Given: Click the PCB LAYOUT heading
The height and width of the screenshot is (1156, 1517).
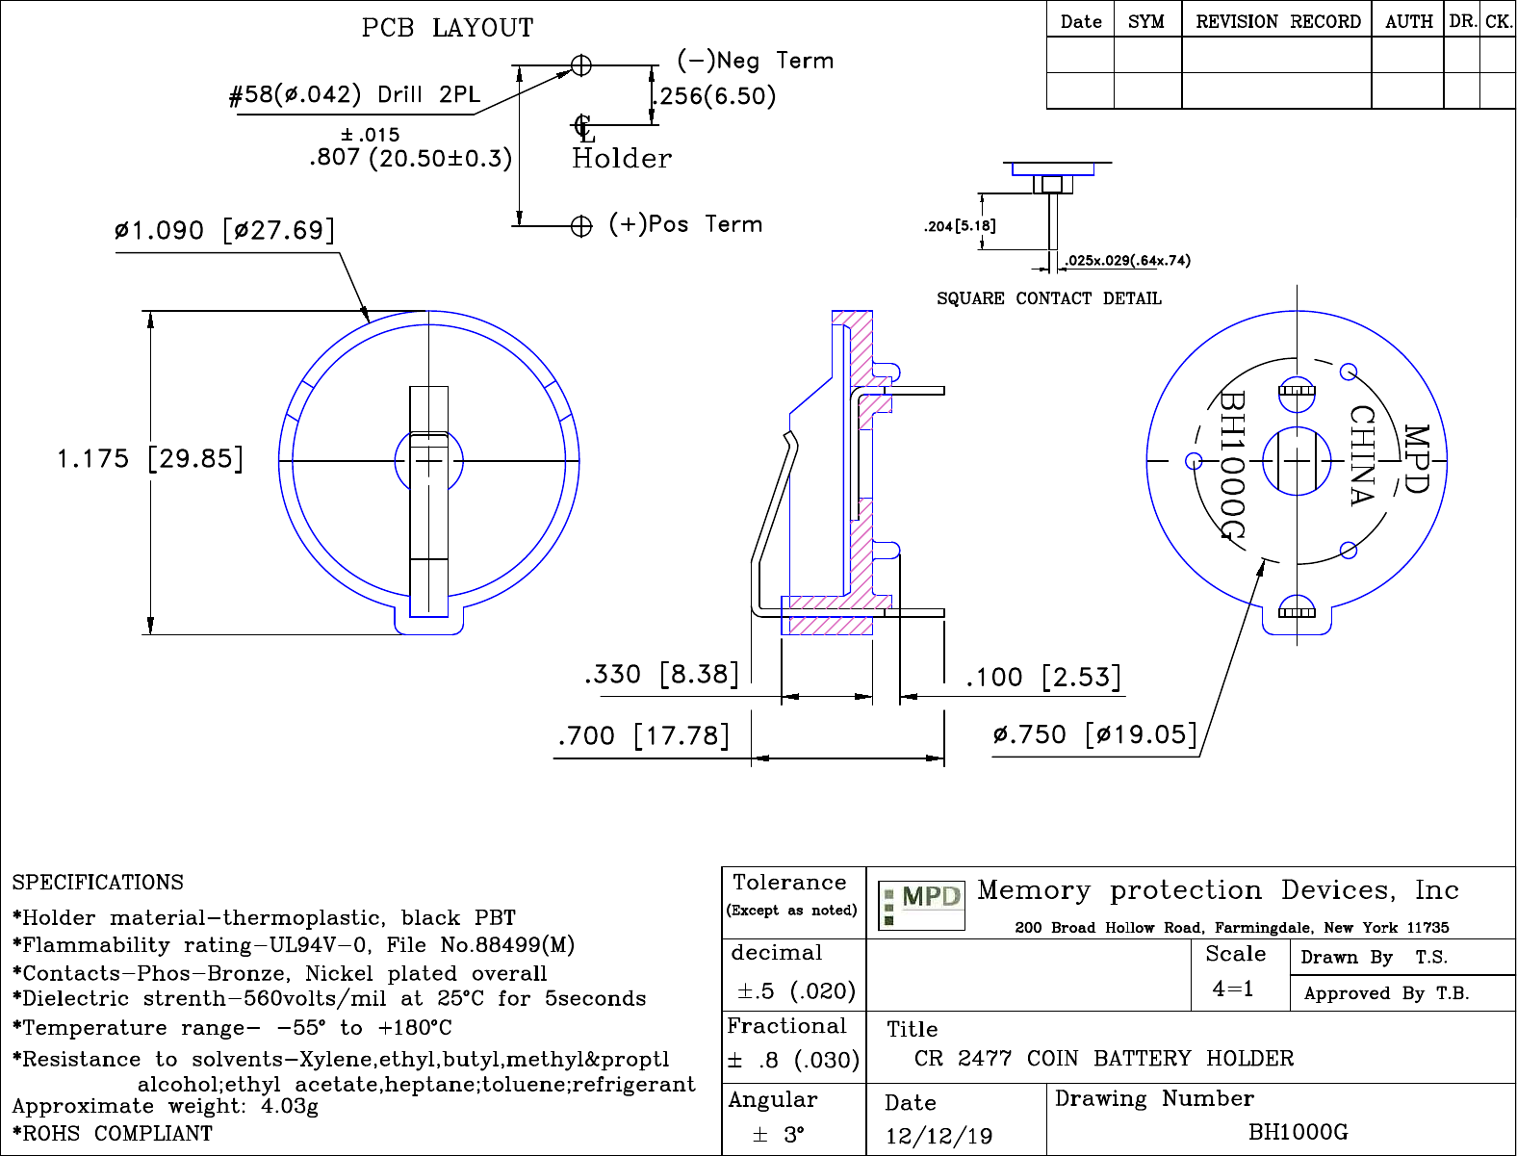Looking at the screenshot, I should tap(448, 28).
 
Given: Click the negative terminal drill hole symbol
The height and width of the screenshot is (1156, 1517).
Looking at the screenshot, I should tap(581, 65).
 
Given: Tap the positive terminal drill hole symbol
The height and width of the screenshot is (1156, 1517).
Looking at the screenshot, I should tap(581, 226).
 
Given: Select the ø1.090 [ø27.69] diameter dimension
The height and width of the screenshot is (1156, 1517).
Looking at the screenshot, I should tap(224, 231).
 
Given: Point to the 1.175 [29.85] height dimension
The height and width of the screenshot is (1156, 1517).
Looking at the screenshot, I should tap(150, 458).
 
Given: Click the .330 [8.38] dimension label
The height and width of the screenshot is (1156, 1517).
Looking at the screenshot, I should tap(662, 674).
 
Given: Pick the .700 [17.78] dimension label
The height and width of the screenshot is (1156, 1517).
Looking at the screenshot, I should tap(644, 736).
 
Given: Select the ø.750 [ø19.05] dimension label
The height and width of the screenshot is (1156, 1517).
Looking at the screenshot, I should tap(1095, 735).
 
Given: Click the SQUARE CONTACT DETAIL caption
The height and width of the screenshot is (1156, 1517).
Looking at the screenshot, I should tap(1049, 298).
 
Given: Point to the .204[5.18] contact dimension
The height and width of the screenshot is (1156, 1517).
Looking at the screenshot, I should tap(960, 226).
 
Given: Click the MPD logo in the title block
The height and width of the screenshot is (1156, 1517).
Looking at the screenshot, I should tap(922, 906).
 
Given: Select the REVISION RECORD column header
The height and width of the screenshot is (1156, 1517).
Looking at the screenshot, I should tap(1277, 21).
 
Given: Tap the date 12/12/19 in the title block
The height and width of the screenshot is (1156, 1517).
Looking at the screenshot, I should tap(938, 1136).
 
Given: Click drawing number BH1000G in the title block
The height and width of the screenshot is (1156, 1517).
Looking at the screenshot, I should tap(1298, 1132).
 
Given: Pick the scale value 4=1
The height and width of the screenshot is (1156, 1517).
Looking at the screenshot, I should tap(1233, 989).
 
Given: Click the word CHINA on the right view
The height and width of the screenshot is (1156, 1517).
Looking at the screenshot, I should tap(1362, 455).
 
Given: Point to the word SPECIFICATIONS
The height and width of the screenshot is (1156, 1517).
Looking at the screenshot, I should tap(97, 883).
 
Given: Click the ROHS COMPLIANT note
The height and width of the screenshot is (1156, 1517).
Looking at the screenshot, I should tap(113, 1134).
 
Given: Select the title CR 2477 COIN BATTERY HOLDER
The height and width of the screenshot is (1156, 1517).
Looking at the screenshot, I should tap(1104, 1059).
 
